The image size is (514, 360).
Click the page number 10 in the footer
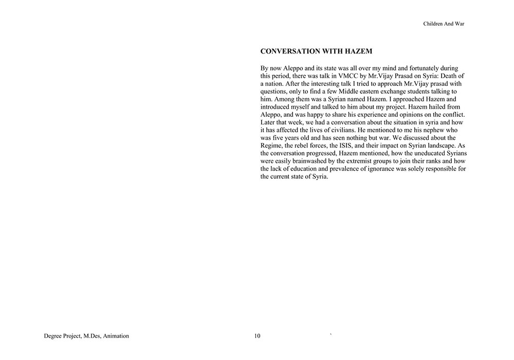[257, 336]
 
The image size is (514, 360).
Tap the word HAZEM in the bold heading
[356, 51]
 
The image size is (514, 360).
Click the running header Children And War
[444, 24]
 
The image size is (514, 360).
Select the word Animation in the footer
[115, 336]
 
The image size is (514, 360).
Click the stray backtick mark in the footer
[331, 335]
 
